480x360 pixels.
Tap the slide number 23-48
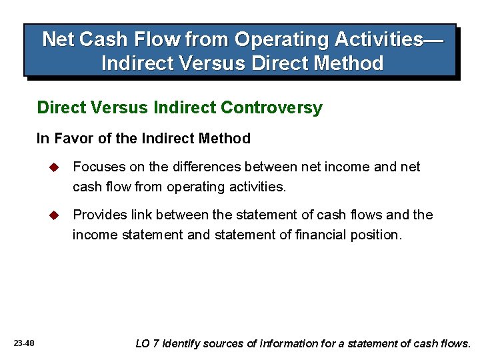(24, 343)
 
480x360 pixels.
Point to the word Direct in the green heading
(61, 108)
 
